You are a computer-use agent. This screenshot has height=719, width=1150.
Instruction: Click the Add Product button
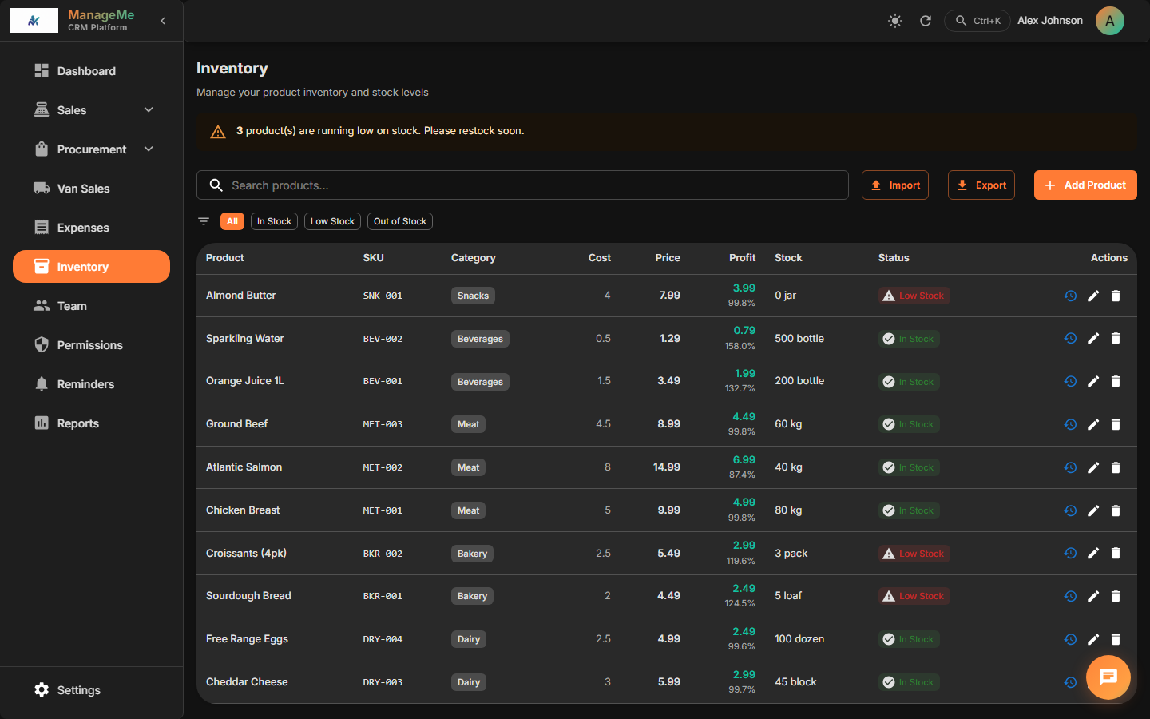1085,185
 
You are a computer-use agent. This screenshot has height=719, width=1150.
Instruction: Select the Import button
894,185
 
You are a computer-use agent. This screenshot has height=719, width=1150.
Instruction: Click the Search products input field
527,185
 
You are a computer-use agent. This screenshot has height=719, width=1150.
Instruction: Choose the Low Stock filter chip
332,221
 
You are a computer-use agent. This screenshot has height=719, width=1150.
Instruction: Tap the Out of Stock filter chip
399,221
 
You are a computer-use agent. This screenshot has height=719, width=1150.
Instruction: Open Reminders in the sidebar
85,384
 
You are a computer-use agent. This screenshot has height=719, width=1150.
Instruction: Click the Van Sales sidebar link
83,189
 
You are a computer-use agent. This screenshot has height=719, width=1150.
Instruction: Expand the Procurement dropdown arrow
149,149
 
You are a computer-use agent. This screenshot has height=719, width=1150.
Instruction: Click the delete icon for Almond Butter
1116,296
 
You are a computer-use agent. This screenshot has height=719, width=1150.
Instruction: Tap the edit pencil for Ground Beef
1093,424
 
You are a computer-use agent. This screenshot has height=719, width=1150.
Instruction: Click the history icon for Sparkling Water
1070,339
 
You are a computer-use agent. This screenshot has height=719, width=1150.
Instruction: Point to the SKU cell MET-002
383,467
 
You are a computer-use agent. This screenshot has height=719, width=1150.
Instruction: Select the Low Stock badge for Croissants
914,554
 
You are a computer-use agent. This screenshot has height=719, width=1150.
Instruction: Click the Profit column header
741,258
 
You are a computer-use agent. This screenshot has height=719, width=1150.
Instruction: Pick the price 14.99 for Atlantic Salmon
666,467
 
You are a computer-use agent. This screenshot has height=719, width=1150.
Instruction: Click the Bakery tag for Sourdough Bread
472,596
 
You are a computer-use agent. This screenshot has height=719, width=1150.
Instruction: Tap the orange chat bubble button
1108,677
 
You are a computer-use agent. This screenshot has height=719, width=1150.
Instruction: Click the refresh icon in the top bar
926,21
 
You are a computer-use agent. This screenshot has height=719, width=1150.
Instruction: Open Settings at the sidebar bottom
78,690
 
